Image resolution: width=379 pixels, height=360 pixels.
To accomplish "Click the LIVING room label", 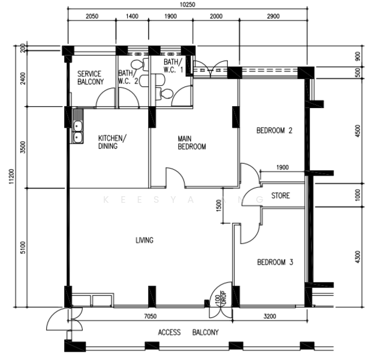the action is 145,240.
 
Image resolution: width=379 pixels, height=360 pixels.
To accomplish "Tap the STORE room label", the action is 281,196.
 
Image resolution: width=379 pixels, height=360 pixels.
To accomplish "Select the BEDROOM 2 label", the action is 274,131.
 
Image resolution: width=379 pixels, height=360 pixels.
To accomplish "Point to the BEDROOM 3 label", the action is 275,262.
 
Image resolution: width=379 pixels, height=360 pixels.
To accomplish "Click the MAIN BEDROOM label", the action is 192,143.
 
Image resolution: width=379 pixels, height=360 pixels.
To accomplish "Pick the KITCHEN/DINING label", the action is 112,142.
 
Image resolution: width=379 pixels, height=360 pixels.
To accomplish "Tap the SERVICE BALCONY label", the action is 91,77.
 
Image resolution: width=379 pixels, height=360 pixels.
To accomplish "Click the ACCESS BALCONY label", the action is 188,332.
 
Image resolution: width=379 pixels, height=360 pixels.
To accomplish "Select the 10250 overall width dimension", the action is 188,4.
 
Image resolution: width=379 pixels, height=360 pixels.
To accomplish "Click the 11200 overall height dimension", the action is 11,176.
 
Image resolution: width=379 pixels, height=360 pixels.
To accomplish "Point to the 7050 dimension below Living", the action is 150,316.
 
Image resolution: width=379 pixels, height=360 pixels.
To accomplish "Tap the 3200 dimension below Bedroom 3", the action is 270,316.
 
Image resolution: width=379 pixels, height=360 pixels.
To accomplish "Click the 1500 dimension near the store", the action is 218,206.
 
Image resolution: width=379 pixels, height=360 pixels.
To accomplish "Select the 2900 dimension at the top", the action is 273,16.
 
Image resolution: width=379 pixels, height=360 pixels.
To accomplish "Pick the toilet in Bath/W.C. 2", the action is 139,65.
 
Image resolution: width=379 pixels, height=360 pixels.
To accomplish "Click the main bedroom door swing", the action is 176,178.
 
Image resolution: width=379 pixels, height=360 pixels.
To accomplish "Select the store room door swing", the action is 252,196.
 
